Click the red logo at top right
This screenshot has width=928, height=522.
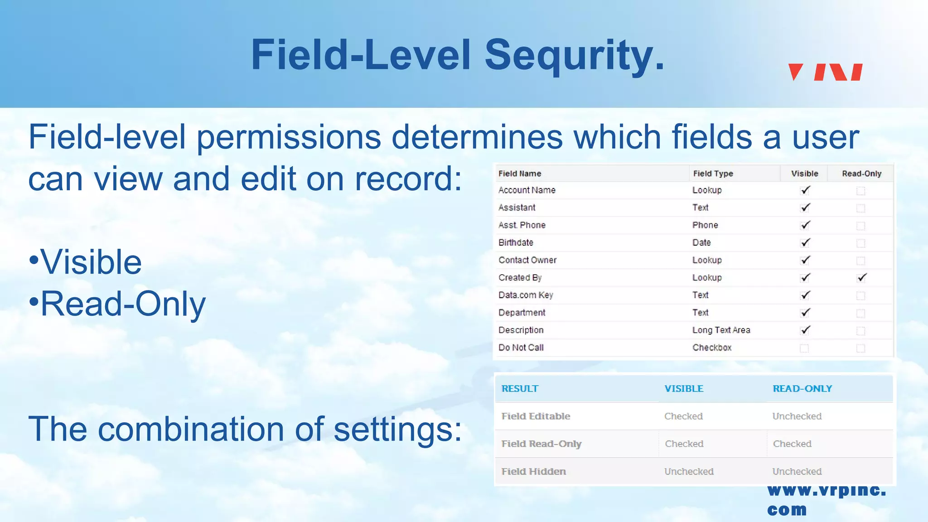pos(825,72)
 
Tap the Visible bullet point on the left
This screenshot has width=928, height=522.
pos(91,262)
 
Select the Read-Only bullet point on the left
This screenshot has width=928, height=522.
pos(122,304)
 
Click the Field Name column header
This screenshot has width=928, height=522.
pos(520,174)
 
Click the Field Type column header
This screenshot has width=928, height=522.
pos(713,174)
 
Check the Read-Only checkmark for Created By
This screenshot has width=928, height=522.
pos(861,278)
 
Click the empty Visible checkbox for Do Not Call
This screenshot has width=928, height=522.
pos(804,348)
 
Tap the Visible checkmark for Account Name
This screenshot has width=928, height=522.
pos(805,190)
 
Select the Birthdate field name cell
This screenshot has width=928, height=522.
pos(516,242)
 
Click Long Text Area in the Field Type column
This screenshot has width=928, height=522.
pos(721,330)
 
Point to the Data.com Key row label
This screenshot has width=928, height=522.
pos(526,295)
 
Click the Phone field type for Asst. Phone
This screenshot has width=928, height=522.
pos(705,225)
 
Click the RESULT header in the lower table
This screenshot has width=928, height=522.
pos(520,389)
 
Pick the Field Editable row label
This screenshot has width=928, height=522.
pos(536,416)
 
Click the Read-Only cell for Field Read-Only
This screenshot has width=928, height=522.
pos(792,444)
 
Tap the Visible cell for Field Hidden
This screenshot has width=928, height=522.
pos(689,472)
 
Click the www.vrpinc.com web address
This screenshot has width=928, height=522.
pos(826,499)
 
